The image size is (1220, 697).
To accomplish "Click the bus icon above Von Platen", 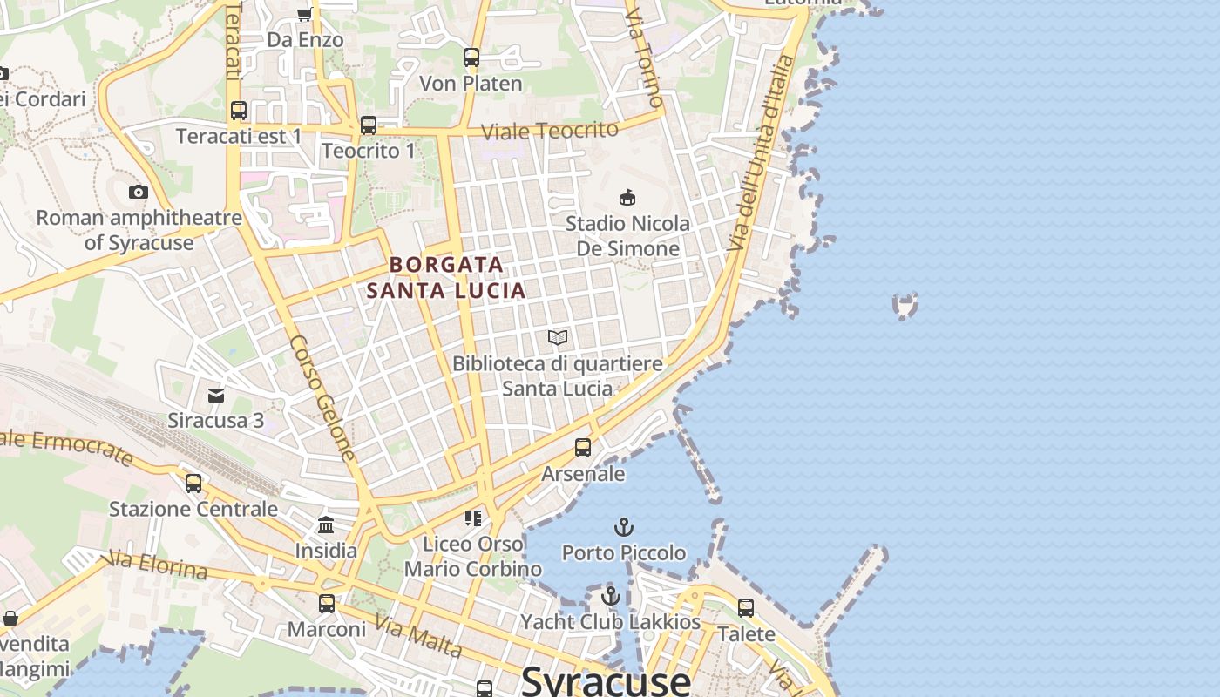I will pyautogui.click(x=471, y=58).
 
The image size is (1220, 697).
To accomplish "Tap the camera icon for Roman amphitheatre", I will pyautogui.click(x=138, y=192).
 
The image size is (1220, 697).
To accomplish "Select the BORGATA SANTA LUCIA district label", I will pyautogui.click(x=446, y=277).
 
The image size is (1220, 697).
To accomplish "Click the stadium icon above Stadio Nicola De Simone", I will pyautogui.click(x=627, y=197).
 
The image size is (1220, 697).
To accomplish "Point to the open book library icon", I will pyautogui.click(x=558, y=337).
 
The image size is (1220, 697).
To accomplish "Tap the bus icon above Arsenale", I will pyautogui.click(x=583, y=448).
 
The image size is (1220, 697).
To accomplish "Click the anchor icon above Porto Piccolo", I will pyautogui.click(x=623, y=527).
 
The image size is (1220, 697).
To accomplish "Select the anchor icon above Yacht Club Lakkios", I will pyautogui.click(x=611, y=597).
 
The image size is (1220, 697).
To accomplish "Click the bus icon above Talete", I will pyautogui.click(x=746, y=608).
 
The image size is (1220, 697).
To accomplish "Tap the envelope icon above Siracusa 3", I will pyautogui.click(x=215, y=395).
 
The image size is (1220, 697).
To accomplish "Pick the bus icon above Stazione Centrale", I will pyautogui.click(x=193, y=483).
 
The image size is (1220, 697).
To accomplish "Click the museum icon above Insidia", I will pyautogui.click(x=326, y=524).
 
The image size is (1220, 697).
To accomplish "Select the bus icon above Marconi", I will pyautogui.click(x=327, y=603).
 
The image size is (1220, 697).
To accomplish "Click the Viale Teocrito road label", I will pyautogui.click(x=550, y=131).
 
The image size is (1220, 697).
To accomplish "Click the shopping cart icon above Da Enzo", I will pyautogui.click(x=304, y=14).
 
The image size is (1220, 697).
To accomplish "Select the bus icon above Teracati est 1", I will pyautogui.click(x=239, y=111).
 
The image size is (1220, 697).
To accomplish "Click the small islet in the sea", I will pyautogui.click(x=905, y=306).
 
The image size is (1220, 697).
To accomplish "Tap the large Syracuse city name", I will pyautogui.click(x=607, y=680).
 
